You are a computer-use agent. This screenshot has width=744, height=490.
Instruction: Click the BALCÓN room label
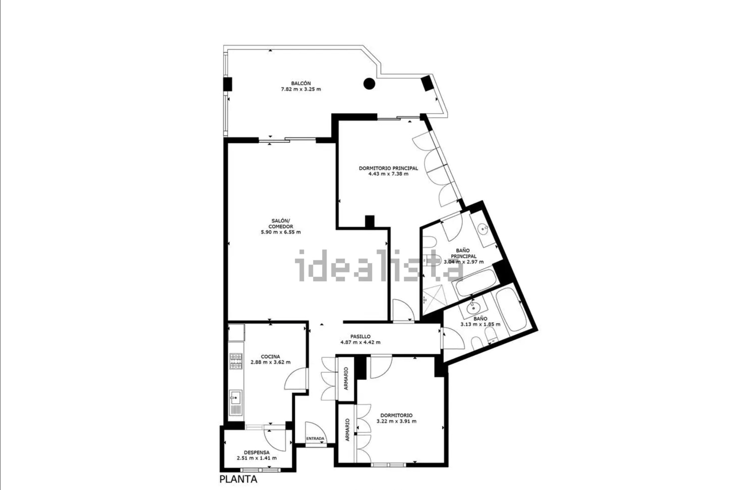click(x=301, y=83)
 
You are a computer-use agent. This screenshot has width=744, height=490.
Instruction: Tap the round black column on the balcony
click(x=369, y=83)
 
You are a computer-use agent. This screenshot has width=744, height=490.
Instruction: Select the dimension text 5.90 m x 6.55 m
click(x=281, y=232)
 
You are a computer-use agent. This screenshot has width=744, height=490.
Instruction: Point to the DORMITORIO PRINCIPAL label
click(x=388, y=168)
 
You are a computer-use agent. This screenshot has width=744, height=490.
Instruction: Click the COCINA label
click(x=270, y=357)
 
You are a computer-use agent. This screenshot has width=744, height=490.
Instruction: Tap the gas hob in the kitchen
click(x=236, y=361)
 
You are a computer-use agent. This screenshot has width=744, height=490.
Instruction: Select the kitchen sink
click(x=236, y=402)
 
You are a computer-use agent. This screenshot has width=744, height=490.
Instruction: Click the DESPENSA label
click(x=257, y=452)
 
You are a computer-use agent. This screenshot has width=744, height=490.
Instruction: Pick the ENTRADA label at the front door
click(x=315, y=438)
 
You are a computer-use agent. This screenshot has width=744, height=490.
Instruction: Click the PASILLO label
click(x=360, y=337)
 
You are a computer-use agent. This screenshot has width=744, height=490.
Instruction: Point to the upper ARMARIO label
click(x=346, y=378)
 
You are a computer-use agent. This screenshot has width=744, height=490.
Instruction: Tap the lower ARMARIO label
click(x=347, y=430)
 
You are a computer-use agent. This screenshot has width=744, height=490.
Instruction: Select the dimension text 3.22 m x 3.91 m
click(x=396, y=421)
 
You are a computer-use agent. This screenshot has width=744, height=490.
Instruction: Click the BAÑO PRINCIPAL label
click(x=463, y=253)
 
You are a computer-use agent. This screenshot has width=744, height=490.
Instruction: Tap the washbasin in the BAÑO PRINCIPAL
click(x=483, y=228)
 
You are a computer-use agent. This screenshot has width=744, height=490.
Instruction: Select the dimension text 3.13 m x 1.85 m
click(x=481, y=324)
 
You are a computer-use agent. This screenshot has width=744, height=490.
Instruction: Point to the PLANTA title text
click(x=238, y=479)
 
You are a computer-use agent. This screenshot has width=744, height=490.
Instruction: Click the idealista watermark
click(x=378, y=265)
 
